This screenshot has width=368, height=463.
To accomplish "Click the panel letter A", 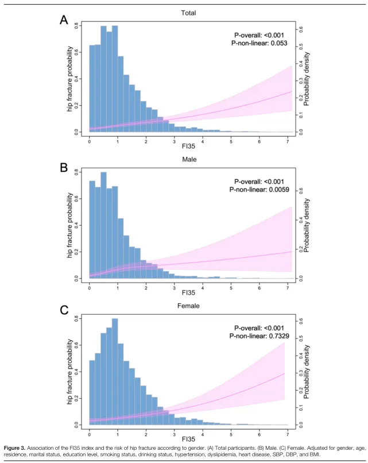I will tap(64, 21).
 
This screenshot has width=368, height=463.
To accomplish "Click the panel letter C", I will tap(65, 311).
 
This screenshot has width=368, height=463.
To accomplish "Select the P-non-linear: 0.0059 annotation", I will tap(258, 190).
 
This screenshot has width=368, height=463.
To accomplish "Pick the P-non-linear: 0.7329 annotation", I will tap(258, 337).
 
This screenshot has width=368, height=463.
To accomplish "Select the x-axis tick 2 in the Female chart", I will tap(146, 433).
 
